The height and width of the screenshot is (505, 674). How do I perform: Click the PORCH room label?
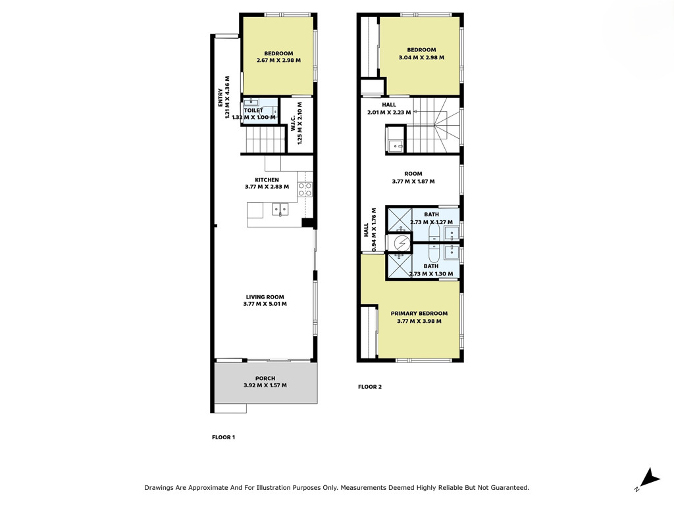click(x=265, y=378)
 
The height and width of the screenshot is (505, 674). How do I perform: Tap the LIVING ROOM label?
click(x=265, y=297)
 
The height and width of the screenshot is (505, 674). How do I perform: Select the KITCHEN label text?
click(x=267, y=180)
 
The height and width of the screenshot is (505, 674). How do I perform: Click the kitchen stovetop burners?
click(x=305, y=189)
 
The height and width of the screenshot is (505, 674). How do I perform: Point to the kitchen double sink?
click(x=280, y=210)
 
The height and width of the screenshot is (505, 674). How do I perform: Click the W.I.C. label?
click(x=293, y=123)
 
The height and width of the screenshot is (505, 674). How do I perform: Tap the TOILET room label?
click(x=253, y=110)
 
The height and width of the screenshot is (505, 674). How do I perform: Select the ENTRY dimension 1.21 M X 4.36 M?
click(x=227, y=97)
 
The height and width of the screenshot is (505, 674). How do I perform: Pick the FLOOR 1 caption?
click(x=224, y=437)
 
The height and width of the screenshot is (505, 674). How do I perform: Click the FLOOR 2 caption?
click(x=370, y=387)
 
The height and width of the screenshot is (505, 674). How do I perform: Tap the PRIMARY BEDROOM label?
click(x=419, y=314)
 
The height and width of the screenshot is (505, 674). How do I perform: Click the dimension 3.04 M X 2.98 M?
click(x=422, y=57)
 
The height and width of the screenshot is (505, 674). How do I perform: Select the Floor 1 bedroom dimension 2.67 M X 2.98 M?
click(x=278, y=60)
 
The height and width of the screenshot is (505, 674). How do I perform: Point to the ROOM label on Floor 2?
click(x=413, y=174)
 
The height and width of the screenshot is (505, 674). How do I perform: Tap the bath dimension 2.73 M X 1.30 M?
click(x=430, y=274)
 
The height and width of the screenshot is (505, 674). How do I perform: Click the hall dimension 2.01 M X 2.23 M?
click(x=389, y=112)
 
